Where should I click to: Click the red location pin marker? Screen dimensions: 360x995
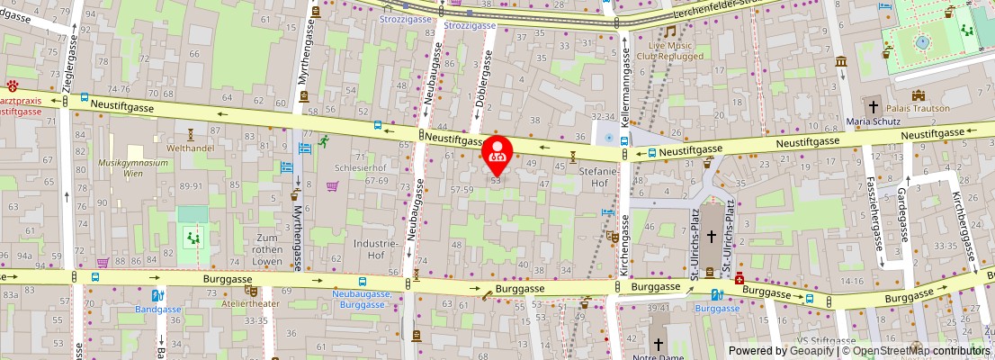[497, 154]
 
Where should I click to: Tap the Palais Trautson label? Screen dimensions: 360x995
[918, 108]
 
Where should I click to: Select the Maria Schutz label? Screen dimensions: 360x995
[873, 121]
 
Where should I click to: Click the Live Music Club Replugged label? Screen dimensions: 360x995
[670, 49]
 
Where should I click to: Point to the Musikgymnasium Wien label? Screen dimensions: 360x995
[133, 168]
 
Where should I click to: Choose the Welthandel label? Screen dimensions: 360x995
[189, 147]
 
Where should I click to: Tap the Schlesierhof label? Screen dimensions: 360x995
[360, 167]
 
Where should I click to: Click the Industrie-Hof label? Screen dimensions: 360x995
[375, 248]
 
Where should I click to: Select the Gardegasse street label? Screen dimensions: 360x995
[902, 206]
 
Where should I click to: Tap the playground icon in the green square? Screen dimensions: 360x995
[192, 238]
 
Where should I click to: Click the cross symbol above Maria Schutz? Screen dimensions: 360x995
[873, 105]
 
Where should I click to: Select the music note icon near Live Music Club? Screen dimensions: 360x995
[669, 31]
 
